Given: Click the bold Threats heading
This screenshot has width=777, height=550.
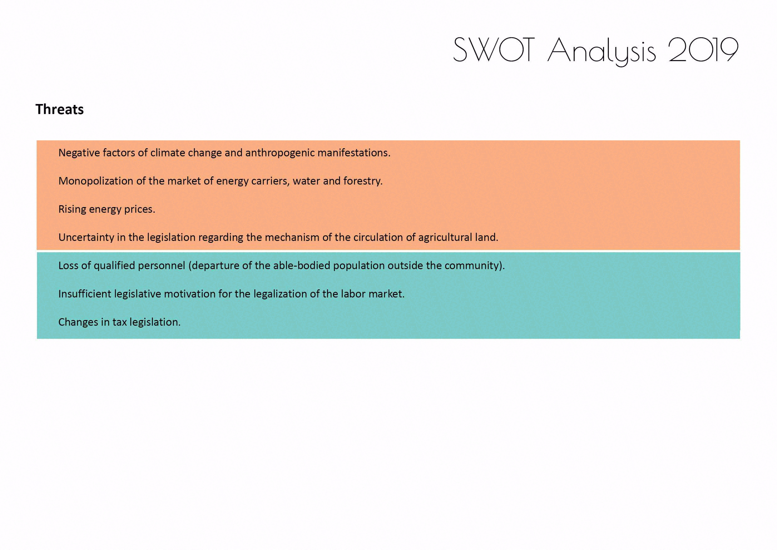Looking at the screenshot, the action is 60,109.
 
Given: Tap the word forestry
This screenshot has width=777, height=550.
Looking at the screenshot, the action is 363,181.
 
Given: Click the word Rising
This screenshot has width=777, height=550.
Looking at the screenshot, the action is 72,209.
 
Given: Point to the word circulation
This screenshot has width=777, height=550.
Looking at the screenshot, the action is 377,237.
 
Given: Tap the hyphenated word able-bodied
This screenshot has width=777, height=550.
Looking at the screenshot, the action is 301,266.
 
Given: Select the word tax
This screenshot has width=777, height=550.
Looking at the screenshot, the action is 120,322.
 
